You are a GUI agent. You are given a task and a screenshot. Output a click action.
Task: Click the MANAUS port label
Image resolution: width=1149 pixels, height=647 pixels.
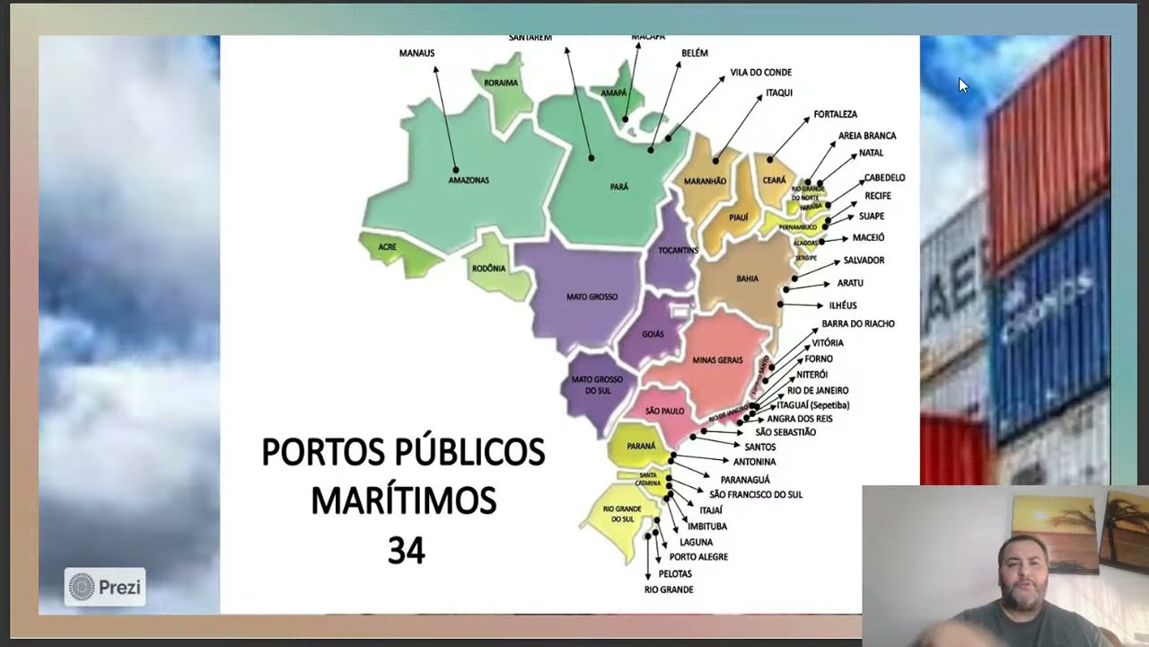point(417,53)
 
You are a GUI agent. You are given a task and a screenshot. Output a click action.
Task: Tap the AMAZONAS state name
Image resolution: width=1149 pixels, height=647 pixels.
point(469,181)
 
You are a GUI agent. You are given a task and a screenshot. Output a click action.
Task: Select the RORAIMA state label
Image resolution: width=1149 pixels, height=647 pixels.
point(501,83)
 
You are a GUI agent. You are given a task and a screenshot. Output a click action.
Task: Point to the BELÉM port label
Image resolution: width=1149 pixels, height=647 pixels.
point(695,53)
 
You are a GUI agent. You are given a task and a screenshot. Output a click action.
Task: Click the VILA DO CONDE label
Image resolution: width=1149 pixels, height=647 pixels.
point(760,72)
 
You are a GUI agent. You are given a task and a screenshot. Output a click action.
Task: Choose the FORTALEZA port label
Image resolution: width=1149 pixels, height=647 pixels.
point(835,114)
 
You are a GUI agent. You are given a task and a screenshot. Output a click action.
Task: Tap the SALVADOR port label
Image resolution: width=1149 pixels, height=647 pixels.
point(864,260)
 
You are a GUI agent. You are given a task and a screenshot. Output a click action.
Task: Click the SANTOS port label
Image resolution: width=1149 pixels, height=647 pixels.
point(759,447)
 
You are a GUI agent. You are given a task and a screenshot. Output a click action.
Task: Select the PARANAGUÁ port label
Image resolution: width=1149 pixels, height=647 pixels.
point(745,480)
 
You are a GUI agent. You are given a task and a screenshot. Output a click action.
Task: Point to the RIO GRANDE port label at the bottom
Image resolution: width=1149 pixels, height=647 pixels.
point(669,589)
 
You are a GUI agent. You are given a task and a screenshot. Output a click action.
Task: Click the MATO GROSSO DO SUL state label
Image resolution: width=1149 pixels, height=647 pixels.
point(597,385)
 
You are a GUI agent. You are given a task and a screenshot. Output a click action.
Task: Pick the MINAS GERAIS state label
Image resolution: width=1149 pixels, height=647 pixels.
point(717,359)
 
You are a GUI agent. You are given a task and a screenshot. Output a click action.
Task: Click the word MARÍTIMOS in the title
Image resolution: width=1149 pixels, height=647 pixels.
point(403,501)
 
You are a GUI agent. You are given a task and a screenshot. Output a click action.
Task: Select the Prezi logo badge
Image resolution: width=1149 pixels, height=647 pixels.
point(105,588)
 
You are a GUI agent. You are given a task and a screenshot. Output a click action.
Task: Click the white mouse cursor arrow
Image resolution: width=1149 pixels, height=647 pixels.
point(962,85)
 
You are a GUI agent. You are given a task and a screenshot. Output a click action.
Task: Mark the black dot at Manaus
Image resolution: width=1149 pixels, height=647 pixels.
point(456,170)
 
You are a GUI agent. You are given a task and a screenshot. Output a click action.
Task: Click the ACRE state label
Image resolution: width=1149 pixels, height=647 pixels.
point(387,246)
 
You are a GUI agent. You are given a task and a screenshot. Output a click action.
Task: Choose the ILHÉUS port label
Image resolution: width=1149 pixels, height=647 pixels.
point(843,306)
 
